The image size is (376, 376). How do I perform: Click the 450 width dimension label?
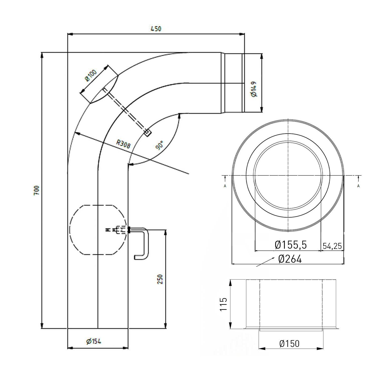[156, 29]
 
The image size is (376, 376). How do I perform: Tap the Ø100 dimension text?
[91, 75]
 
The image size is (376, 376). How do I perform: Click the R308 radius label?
[123, 144]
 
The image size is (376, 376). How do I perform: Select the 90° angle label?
[159, 145]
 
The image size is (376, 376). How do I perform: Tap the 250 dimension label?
[160, 279]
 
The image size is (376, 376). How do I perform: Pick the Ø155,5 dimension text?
[291, 245]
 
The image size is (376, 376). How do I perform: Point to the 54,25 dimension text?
[332, 246]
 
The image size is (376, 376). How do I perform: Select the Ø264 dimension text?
[290, 259]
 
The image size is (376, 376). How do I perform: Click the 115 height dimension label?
[223, 304]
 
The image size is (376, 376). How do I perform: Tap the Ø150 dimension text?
[289, 344]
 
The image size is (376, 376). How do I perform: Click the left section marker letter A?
[225, 186]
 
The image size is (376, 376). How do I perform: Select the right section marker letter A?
[358, 186]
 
